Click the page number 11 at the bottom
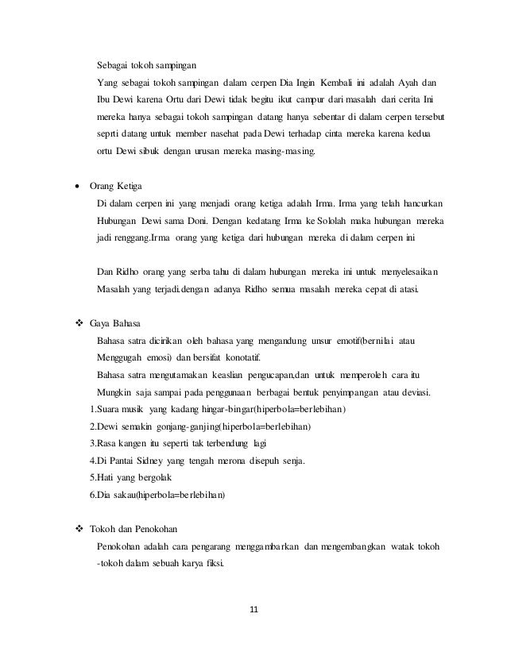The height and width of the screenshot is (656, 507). click(x=253, y=609)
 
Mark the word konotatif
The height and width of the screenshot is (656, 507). click(x=243, y=357)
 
